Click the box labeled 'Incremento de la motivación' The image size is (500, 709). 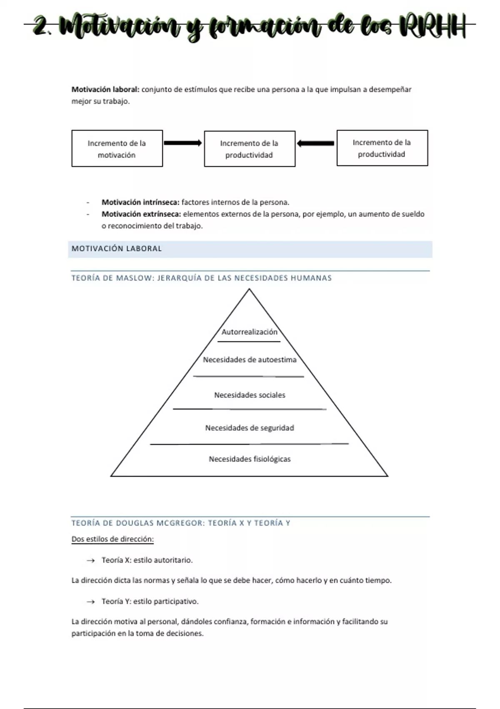click(117, 148)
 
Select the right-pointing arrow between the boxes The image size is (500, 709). click(182, 143)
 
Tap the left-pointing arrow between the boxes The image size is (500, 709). click(315, 143)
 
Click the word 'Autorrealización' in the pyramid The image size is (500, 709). click(249, 332)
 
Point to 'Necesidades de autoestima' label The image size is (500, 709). click(250, 360)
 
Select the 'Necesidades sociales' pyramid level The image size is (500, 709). click(250, 395)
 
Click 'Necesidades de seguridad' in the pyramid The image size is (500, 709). click(250, 428)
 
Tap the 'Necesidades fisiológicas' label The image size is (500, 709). click(250, 459)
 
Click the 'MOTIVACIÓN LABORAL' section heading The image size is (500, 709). click(117, 249)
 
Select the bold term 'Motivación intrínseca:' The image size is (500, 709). click(140, 202)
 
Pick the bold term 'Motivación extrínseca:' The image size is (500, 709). click(141, 214)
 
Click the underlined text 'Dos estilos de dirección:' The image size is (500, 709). click(112, 539)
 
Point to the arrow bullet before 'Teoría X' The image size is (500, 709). click(90, 561)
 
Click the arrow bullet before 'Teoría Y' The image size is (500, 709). click(90, 602)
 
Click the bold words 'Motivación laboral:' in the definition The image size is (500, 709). click(105, 89)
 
